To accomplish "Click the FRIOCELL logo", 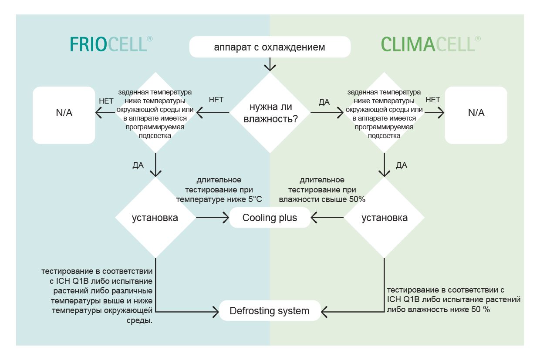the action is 111,44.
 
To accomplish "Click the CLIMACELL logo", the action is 431,44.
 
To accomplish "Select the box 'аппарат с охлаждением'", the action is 270,47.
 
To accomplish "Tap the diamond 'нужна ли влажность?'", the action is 270,113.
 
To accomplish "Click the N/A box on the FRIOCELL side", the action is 64,115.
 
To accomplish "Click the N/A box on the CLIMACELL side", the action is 476,115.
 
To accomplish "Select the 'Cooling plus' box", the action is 270,218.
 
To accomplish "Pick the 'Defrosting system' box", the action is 270,311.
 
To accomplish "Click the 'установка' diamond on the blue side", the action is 155,218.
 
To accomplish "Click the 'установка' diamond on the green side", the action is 384,218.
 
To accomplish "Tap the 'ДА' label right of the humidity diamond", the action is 324,102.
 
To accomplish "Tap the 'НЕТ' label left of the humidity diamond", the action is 216,100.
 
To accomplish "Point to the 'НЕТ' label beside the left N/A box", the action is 106,101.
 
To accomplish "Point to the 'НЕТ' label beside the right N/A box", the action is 433,100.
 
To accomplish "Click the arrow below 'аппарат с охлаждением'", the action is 270,64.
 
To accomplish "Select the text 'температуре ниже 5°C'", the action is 219,199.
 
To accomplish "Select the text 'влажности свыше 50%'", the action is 322,199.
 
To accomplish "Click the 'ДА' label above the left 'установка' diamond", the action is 138,165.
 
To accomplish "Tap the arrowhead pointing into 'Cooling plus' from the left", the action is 226,218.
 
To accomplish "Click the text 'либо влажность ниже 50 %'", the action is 438,310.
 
